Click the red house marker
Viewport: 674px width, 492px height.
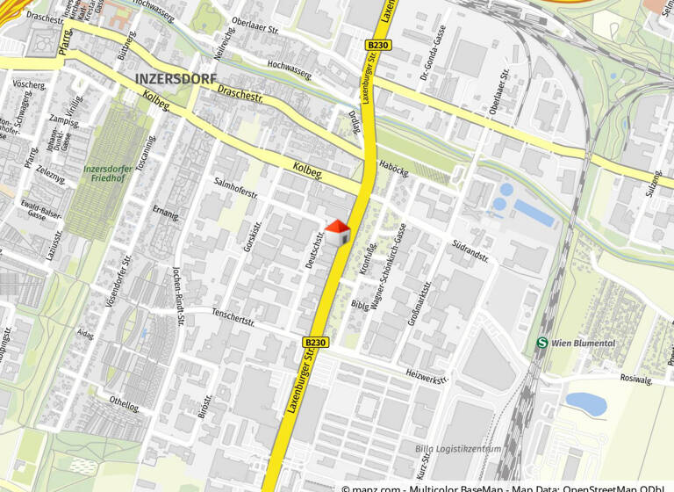[x=338, y=233]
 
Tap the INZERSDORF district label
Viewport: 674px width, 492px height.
[x=176, y=78]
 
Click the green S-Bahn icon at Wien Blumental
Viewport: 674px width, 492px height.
[x=542, y=344]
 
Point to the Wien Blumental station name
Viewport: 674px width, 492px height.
[x=584, y=344]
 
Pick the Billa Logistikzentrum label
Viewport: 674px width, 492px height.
[x=458, y=449]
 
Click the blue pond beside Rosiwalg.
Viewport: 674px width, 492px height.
[x=585, y=403]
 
